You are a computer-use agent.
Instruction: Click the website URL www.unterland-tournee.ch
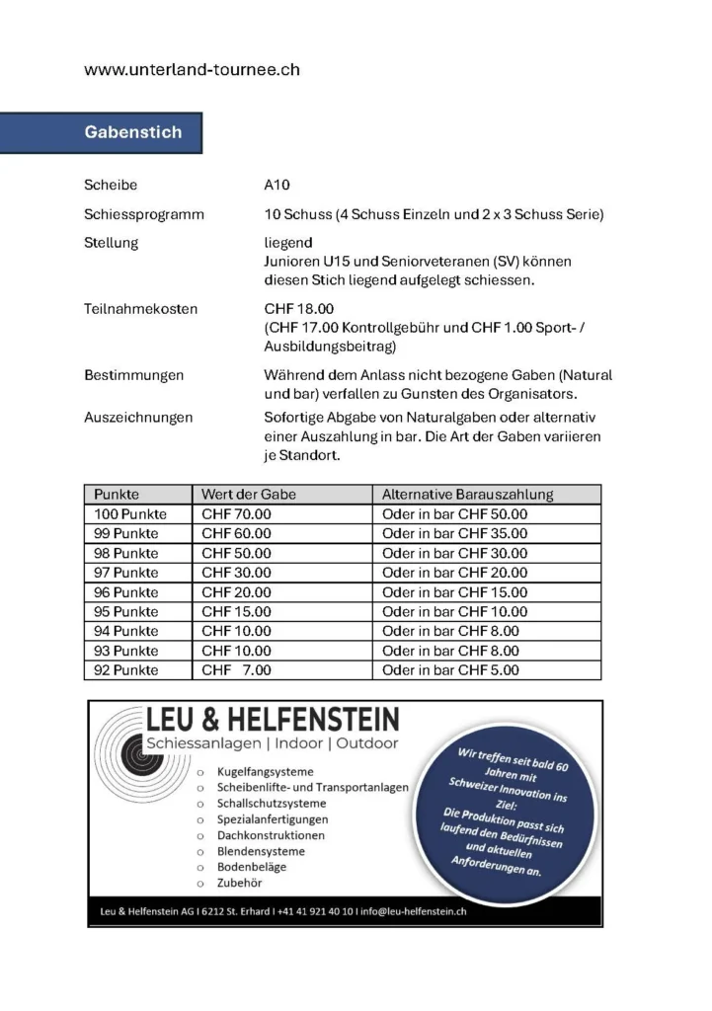[x=192, y=70]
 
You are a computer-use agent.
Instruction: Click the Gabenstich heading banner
[x=133, y=132]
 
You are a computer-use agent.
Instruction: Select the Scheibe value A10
[x=277, y=185]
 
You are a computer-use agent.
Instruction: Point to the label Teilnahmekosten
[x=140, y=309]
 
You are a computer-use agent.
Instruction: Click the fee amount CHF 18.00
[x=299, y=309]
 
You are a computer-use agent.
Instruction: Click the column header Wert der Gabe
[x=249, y=495]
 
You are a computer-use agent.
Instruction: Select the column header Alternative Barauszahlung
[x=467, y=495]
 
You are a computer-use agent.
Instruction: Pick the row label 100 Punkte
[x=130, y=514]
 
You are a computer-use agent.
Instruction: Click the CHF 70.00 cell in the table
[x=236, y=514]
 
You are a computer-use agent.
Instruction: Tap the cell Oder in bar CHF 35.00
[x=454, y=534]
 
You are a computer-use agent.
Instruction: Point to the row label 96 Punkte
[x=125, y=592]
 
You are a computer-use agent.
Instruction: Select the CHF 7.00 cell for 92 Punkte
[x=236, y=670]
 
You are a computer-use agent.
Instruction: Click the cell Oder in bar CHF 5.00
[x=450, y=670]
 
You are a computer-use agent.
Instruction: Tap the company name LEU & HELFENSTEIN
[x=273, y=718]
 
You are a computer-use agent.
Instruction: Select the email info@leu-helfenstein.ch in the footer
[x=415, y=912]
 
